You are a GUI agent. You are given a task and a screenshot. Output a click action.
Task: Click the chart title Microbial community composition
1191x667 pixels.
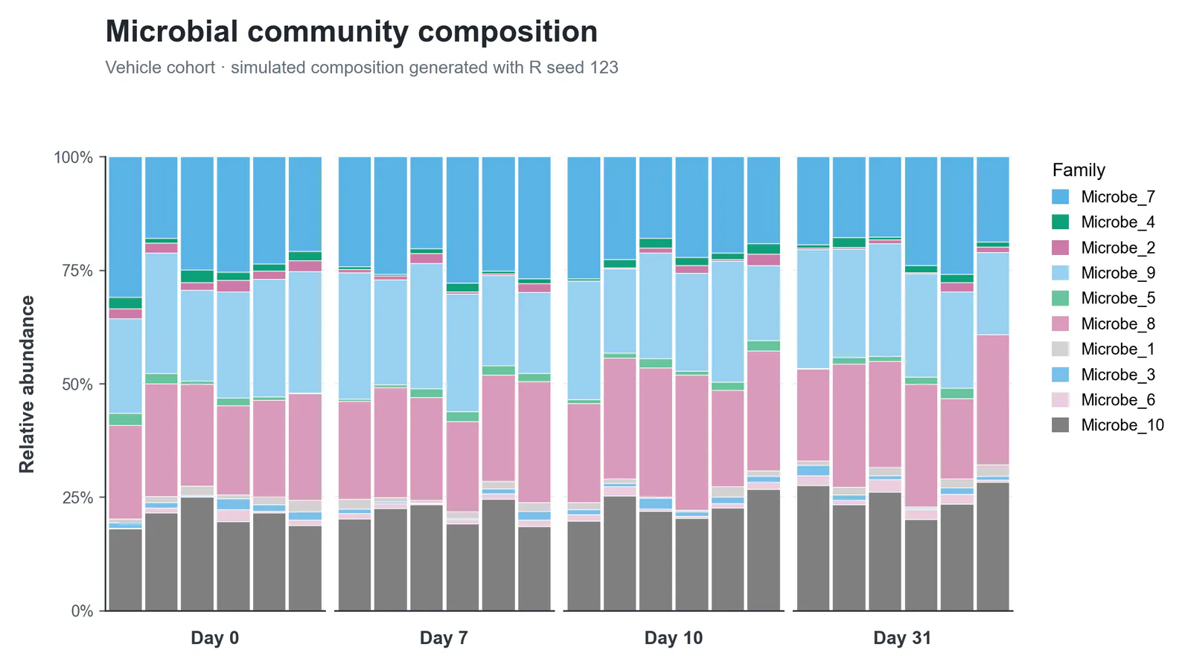pos(351,32)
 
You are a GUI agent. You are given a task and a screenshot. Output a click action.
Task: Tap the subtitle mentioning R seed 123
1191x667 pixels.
pos(362,68)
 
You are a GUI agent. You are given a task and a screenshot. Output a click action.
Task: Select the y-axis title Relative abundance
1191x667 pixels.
pos(27,384)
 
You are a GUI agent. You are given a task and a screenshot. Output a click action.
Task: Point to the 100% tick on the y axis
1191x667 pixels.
pos(74,157)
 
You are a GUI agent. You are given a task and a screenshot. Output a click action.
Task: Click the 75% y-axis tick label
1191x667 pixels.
pos(77,271)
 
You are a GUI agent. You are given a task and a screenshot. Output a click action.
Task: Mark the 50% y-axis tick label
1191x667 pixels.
pos(77,384)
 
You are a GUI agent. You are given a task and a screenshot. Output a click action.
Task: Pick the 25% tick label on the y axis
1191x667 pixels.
pos(77,497)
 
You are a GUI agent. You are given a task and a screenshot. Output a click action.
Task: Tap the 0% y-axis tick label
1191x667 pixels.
pos(82,610)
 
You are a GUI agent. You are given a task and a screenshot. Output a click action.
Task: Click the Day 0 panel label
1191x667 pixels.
pos(215,638)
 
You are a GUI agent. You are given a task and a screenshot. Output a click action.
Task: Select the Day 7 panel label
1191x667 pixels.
pos(444,638)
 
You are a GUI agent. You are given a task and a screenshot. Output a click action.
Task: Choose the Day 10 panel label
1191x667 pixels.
pos(674,638)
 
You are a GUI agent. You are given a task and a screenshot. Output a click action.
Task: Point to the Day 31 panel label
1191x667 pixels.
pos(902,638)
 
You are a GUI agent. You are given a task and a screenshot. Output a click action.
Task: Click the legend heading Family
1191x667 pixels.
pos(1079,170)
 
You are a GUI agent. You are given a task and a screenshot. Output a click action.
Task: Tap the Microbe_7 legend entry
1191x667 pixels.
pos(1103,197)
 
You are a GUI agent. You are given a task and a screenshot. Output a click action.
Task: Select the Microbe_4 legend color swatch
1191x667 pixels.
pos(1060,222)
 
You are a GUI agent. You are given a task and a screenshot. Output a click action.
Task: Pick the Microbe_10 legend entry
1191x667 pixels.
pos(1108,425)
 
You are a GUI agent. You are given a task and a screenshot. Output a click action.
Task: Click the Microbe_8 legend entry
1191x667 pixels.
pos(1103,323)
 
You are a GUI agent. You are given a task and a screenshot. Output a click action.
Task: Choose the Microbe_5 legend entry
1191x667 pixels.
pos(1103,298)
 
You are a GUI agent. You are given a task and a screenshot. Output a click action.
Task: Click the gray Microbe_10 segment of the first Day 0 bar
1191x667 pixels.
pos(126,570)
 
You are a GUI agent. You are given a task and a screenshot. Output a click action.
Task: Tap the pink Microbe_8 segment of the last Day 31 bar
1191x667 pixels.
pos(993,400)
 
